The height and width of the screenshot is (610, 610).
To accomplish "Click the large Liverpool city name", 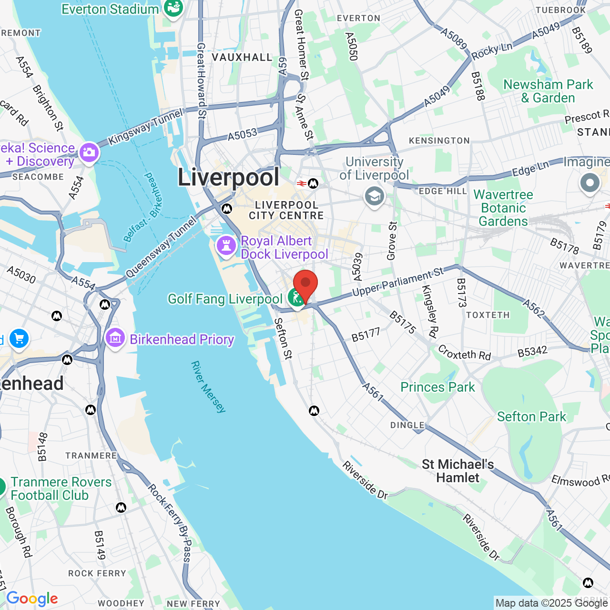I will [x=229, y=177].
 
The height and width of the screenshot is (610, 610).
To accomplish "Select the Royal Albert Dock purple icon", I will [x=226, y=246].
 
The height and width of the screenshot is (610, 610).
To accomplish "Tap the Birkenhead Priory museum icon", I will [x=115, y=338].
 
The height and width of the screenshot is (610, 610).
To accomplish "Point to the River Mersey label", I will [x=208, y=386].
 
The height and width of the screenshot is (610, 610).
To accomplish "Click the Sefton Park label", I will [x=531, y=417].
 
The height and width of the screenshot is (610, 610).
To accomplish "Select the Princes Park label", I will [x=437, y=387].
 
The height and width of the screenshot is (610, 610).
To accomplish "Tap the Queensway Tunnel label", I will [x=161, y=247].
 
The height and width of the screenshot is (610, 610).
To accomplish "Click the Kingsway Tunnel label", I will [x=145, y=127].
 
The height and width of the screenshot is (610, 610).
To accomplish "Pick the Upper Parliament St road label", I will [x=398, y=282].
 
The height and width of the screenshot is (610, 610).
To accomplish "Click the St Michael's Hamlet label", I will [x=457, y=471].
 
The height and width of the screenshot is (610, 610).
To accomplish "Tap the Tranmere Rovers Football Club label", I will [x=61, y=488].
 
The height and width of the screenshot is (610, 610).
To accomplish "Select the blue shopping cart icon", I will [x=19, y=339].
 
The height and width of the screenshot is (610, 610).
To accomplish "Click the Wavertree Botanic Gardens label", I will [x=503, y=208].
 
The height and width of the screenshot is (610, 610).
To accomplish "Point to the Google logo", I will [x=32, y=599].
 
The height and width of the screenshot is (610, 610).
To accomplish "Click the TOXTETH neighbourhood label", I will [x=488, y=315].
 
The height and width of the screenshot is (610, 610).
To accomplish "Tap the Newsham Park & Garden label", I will [x=548, y=91].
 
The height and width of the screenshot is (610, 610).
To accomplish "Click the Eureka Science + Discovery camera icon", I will [x=89, y=152].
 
